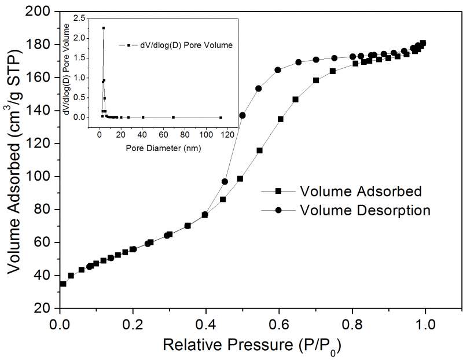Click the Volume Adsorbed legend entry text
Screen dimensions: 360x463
[x=361, y=191]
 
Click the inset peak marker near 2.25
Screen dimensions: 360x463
[x=104, y=28]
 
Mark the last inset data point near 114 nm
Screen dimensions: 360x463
[x=221, y=117]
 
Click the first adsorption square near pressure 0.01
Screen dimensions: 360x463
[x=63, y=284]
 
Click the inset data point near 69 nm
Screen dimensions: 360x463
[x=173, y=117]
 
